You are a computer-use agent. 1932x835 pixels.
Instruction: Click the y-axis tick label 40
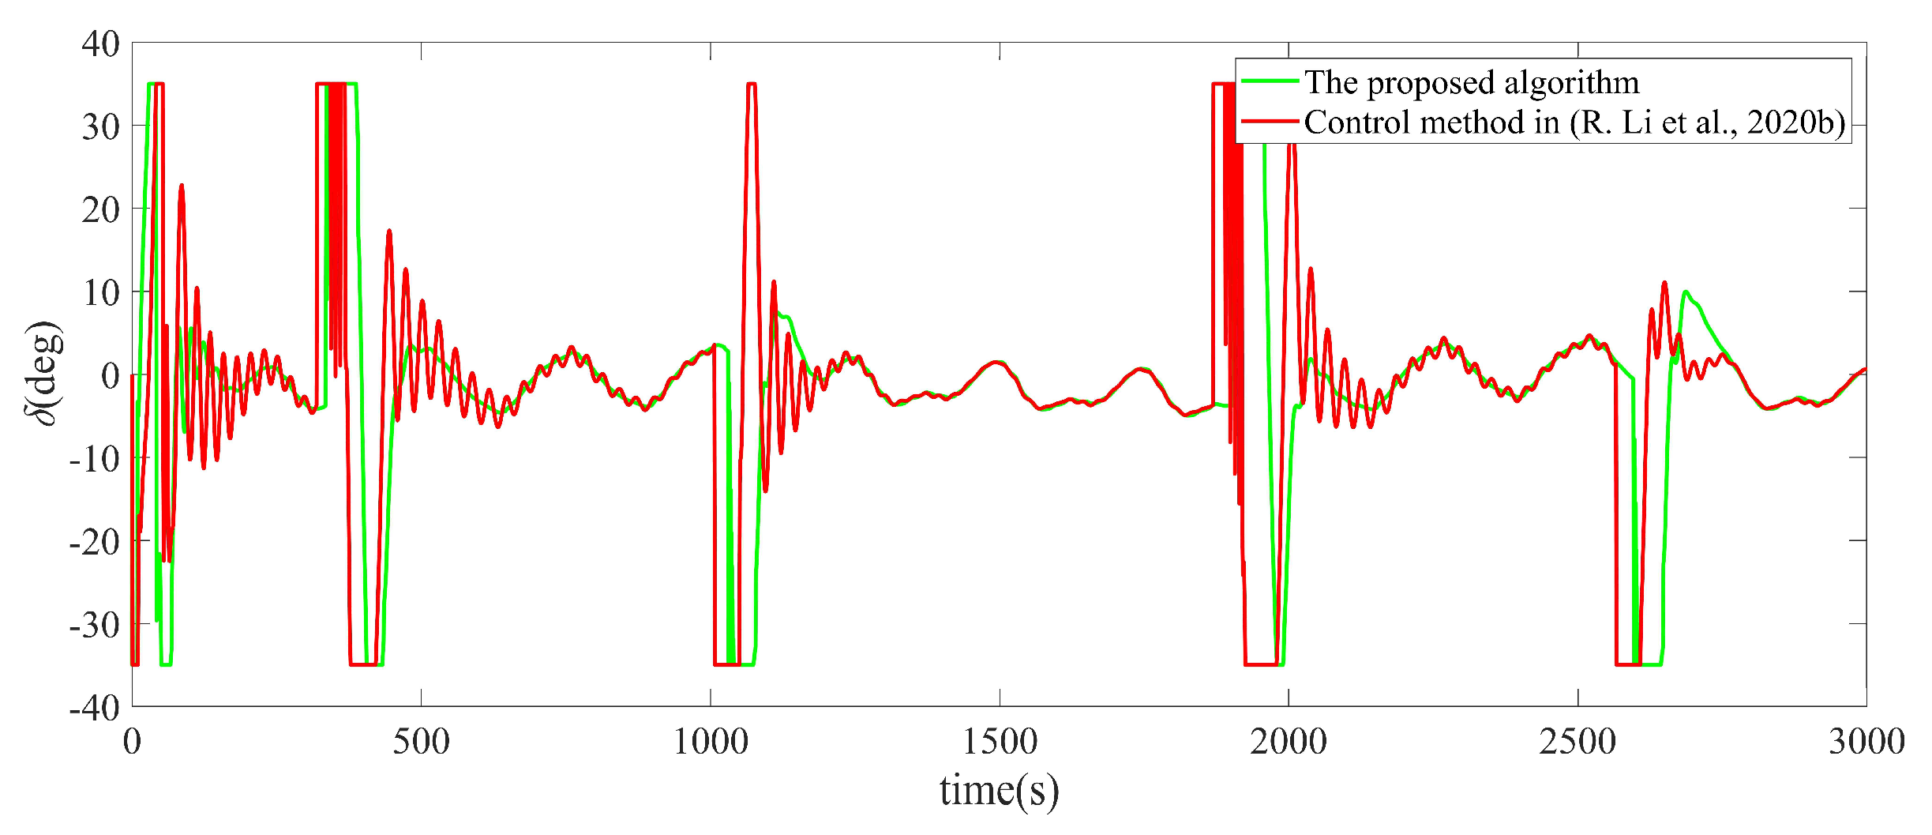click(100, 44)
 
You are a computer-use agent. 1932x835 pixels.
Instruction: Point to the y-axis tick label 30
click(100, 126)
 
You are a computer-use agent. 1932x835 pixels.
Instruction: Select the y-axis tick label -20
click(94, 543)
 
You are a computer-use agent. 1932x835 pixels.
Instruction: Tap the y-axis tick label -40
click(94, 709)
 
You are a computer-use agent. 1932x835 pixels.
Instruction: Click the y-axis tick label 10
click(100, 293)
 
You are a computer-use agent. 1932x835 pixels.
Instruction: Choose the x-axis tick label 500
click(421, 742)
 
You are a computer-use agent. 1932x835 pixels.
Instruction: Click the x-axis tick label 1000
click(711, 742)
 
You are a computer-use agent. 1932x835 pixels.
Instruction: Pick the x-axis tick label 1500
click(1000, 742)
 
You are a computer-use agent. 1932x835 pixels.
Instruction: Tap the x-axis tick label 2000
click(1289, 742)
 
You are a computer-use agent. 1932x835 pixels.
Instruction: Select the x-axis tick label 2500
click(1577, 742)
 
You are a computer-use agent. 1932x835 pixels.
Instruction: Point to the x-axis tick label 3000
click(1866, 742)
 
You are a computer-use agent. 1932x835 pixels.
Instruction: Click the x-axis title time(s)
click(999, 790)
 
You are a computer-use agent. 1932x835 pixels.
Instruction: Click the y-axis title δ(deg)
click(44, 373)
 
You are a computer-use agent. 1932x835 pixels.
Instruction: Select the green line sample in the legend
click(1270, 81)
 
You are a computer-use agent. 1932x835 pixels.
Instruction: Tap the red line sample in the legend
click(1270, 122)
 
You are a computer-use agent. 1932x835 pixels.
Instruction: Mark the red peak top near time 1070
click(752, 84)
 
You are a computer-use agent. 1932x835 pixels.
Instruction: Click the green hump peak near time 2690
click(1686, 291)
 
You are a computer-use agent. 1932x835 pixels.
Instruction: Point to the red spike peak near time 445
click(389, 231)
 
